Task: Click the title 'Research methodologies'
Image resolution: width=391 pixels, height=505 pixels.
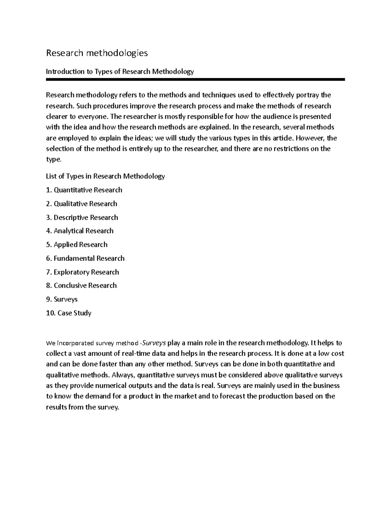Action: point(97,53)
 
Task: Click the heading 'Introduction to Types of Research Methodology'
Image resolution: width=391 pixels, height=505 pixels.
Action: point(120,72)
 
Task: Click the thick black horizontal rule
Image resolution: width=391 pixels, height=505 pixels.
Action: point(195,79)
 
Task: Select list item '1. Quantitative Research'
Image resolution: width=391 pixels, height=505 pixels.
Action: point(84,190)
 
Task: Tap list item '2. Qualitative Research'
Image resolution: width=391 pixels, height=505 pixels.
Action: point(81,204)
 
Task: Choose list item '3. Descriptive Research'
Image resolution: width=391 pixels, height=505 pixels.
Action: point(82,218)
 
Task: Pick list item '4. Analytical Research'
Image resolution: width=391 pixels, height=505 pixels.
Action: point(80,231)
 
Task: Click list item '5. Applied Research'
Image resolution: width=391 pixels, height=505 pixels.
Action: point(77,245)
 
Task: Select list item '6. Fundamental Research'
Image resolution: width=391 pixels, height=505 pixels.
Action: point(85,259)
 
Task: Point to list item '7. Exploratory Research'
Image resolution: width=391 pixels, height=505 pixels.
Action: point(82,272)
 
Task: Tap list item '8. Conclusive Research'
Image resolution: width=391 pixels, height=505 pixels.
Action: point(81,286)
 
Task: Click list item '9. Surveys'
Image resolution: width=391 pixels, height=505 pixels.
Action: point(62,299)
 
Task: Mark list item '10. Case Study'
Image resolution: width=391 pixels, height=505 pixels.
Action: point(68,313)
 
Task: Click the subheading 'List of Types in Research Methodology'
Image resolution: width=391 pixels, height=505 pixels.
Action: point(105,176)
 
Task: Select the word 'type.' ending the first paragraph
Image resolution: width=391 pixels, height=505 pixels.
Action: point(53,160)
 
